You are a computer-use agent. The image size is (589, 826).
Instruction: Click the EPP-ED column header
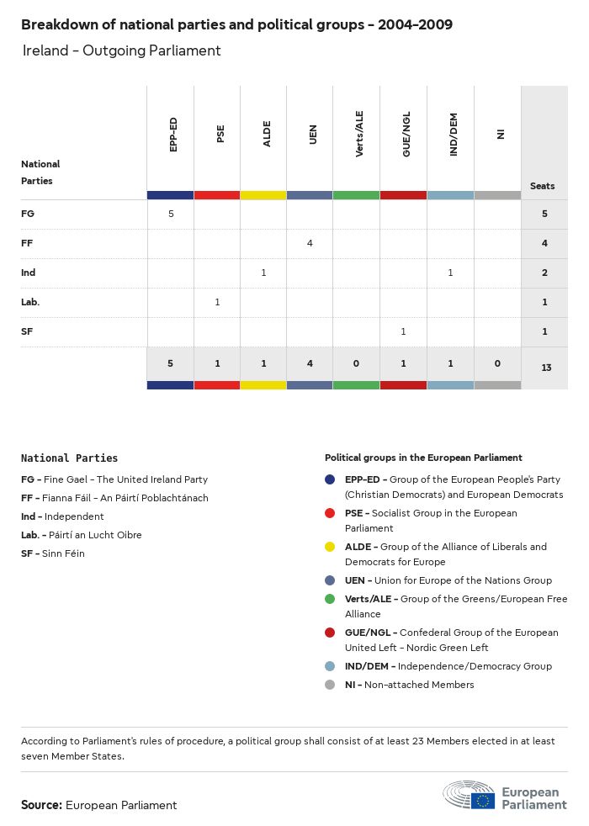[x=172, y=135]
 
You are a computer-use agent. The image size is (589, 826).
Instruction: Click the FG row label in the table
[x=28, y=214]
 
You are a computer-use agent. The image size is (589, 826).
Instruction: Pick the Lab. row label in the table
[x=30, y=302]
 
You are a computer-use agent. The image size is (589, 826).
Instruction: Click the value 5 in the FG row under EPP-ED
[x=171, y=214]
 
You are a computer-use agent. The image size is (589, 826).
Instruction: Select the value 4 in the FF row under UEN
[x=310, y=243]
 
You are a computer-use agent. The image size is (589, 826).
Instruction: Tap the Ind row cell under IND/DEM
[x=450, y=273]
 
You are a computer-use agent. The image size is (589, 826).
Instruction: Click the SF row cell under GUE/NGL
[x=403, y=331]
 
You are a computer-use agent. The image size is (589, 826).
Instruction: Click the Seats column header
[x=543, y=186]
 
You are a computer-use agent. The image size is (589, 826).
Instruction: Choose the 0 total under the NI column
[x=497, y=363]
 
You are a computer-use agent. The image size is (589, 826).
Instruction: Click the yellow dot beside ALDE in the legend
[x=331, y=547]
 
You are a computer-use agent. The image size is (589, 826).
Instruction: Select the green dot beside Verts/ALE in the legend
[x=331, y=599]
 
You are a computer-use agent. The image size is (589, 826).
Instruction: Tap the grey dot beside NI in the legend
[x=331, y=685]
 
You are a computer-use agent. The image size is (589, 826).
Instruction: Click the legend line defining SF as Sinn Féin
[x=53, y=553]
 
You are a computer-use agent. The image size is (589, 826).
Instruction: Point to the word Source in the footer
[x=41, y=805]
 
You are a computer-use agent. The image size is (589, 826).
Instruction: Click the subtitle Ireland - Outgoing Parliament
[x=122, y=50]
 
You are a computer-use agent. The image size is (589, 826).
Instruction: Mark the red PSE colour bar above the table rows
[x=217, y=195]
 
